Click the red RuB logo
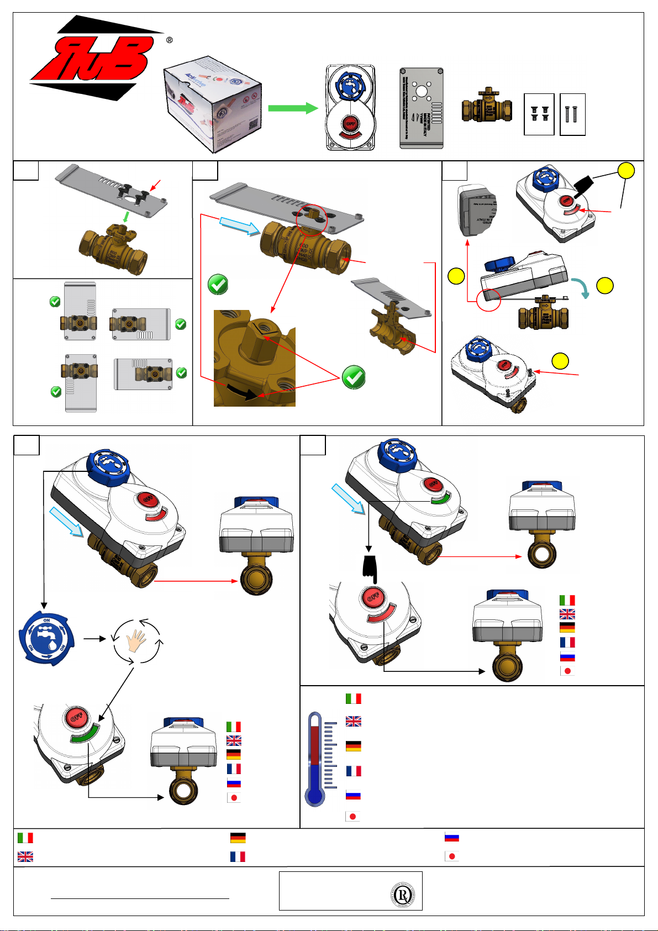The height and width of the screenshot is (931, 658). point(91,58)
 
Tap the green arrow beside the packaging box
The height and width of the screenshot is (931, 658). point(293,108)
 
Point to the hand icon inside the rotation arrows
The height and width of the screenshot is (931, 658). point(136,641)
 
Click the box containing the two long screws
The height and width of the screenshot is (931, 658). point(572,114)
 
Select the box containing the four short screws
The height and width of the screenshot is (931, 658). point(539,114)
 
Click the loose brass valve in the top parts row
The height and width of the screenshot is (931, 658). point(487,106)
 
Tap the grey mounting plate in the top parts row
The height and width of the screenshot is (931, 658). point(422,108)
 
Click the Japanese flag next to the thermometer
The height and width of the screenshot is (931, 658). point(353,816)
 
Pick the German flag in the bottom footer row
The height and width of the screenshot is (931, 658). point(238,838)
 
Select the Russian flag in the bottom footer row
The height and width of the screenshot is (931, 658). point(452,838)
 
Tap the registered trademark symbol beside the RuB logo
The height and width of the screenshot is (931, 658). point(169,40)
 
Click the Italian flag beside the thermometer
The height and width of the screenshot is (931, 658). point(354,698)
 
